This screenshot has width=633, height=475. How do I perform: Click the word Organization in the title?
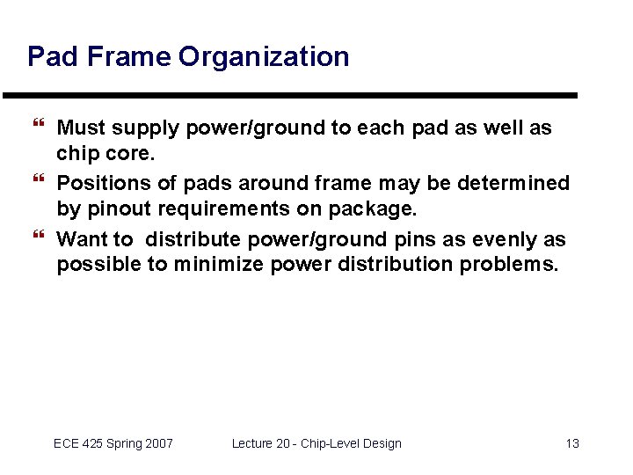pyautogui.click(x=264, y=57)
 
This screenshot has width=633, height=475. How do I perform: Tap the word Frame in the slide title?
pyautogui.click(x=129, y=55)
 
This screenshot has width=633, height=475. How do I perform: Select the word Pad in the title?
pyautogui.click(x=53, y=55)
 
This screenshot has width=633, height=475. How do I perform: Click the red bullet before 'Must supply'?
pyautogui.click(x=39, y=122)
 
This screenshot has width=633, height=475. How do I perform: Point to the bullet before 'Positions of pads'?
pyautogui.click(x=39, y=178)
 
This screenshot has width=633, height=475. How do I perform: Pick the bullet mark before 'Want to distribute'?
pyautogui.click(x=39, y=234)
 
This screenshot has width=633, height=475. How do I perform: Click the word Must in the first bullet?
pyautogui.click(x=81, y=128)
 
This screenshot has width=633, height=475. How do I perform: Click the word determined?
pyautogui.click(x=513, y=183)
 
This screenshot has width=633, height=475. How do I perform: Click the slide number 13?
pyautogui.click(x=572, y=443)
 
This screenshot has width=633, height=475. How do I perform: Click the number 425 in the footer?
pyautogui.click(x=91, y=443)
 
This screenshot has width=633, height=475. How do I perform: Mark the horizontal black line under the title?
pyautogui.click(x=290, y=96)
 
